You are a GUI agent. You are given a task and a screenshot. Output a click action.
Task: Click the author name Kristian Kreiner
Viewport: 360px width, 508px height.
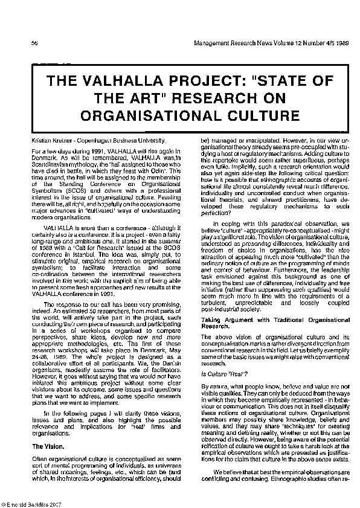[x=48, y=140]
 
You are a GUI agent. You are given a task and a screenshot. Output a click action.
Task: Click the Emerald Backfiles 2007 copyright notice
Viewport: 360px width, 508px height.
[x=29, y=503]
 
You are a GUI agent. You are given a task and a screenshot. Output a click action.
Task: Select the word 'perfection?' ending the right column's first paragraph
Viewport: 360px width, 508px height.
[x=217, y=213]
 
